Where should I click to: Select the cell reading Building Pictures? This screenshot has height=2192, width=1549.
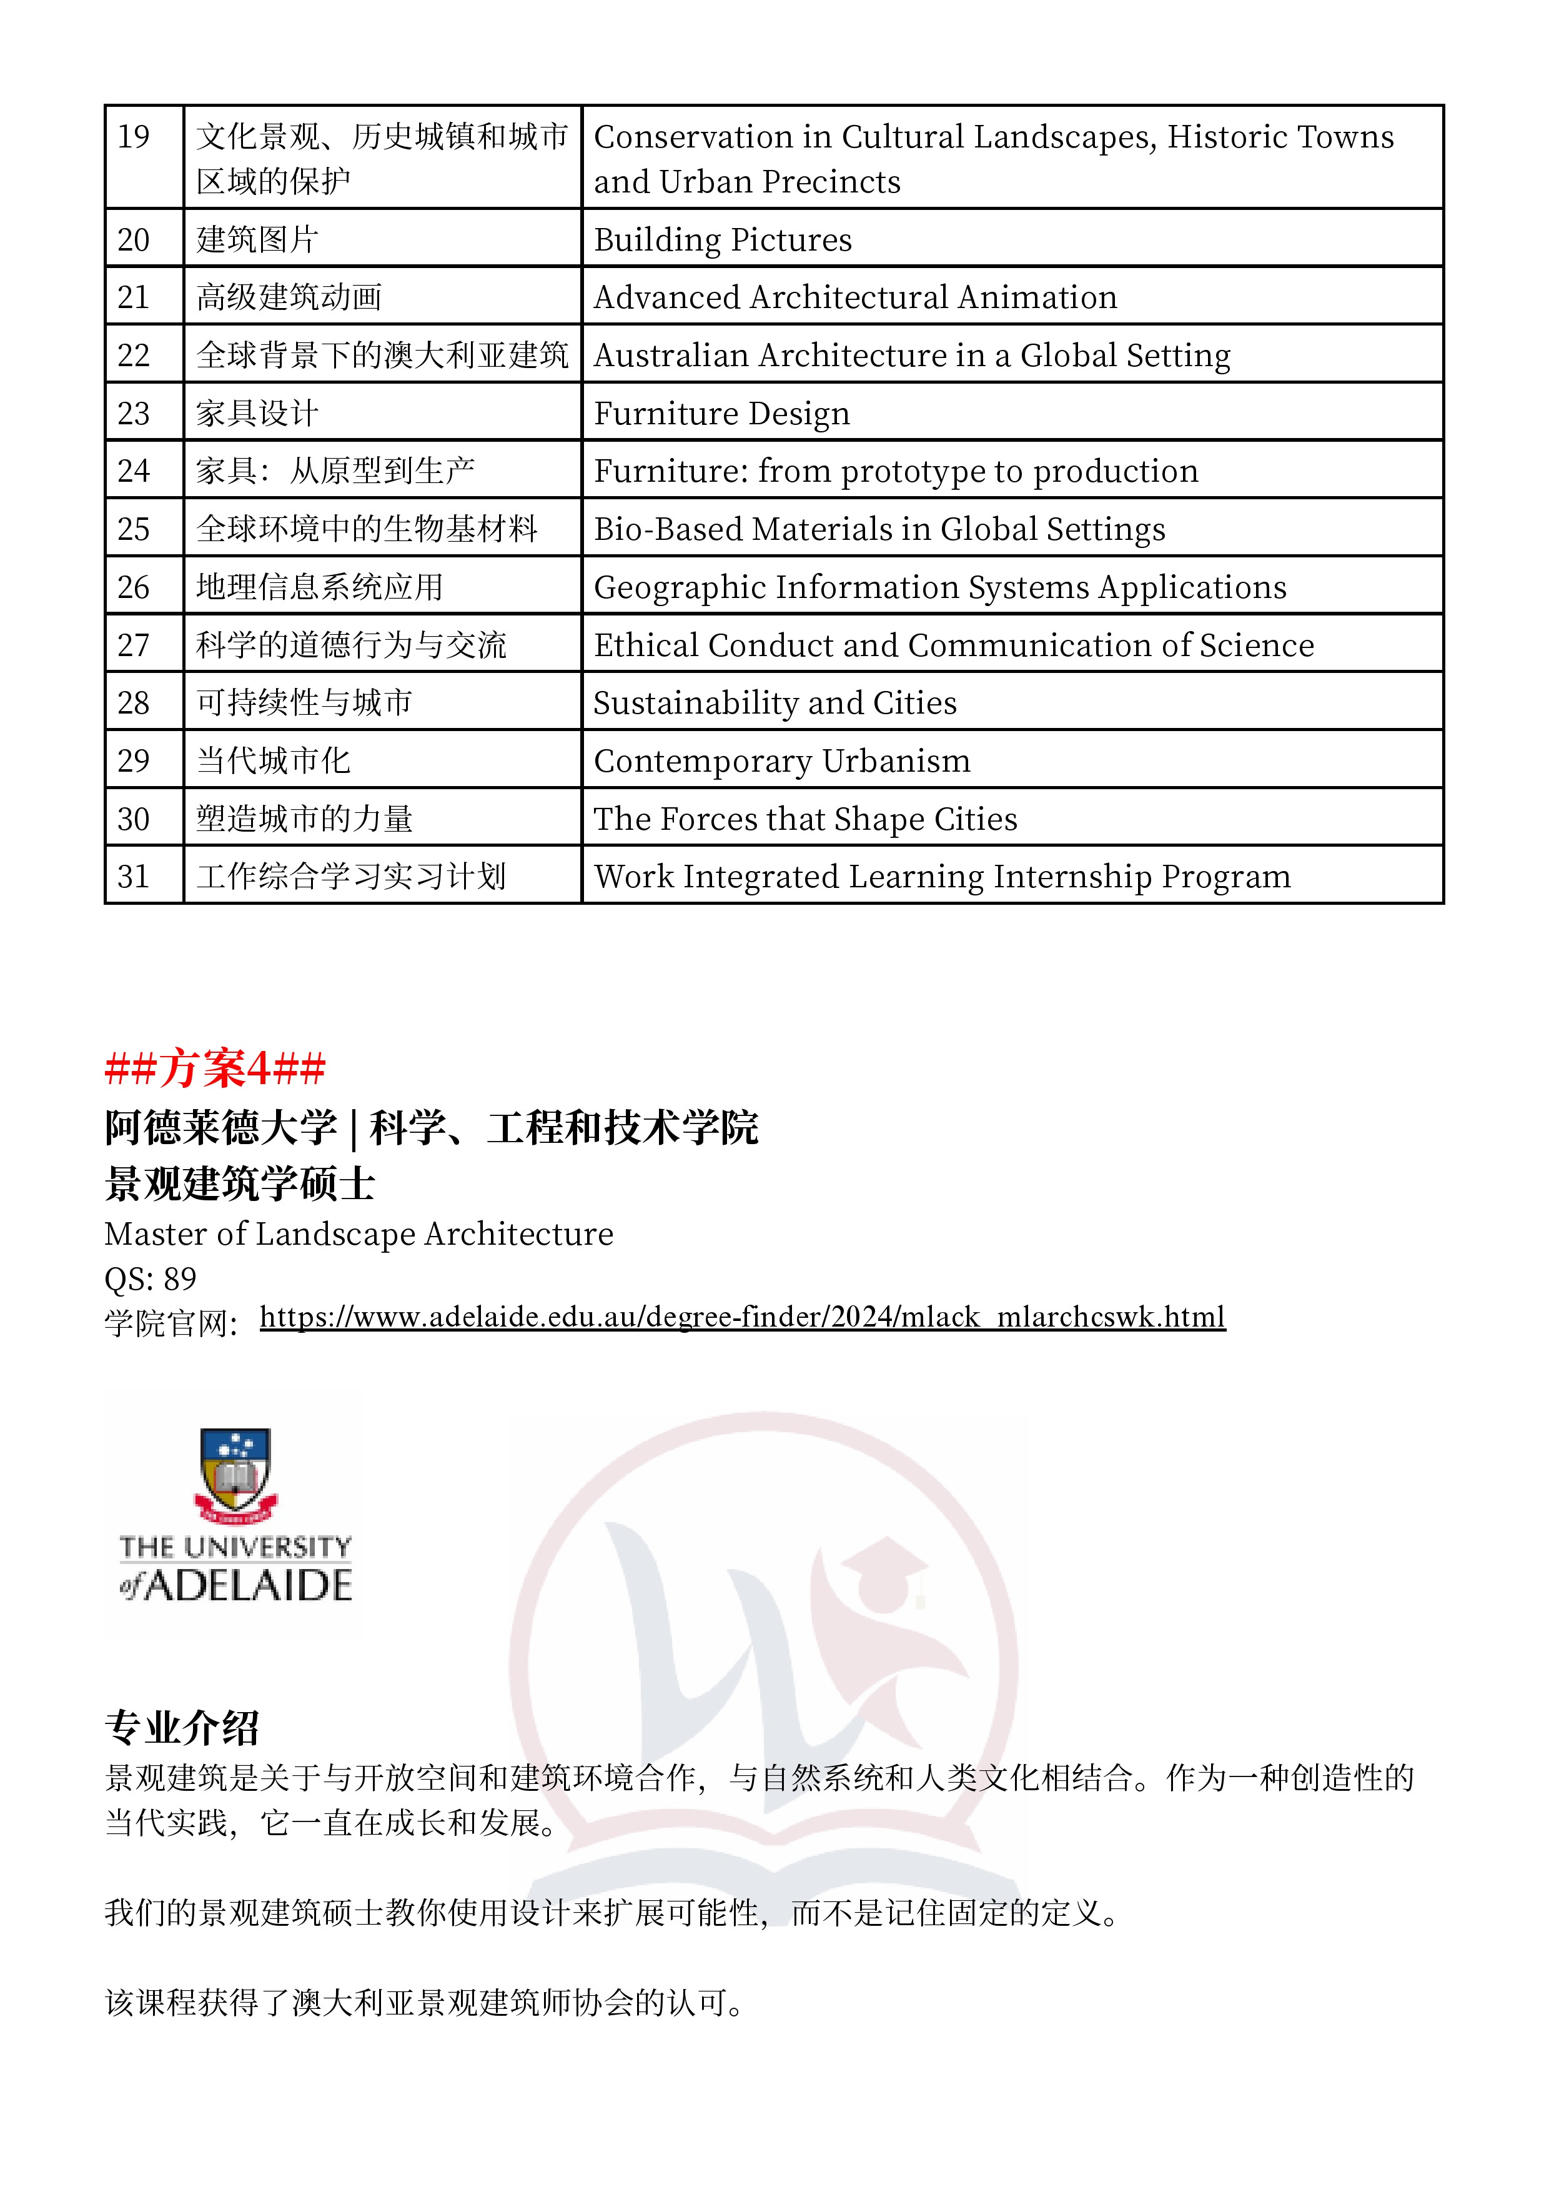click(x=723, y=239)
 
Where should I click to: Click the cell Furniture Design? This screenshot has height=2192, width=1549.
click(x=721, y=414)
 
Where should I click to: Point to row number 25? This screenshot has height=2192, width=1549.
click(x=134, y=529)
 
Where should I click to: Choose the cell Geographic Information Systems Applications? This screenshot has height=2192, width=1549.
click(x=940, y=587)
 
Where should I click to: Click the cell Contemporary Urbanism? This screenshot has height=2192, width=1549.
click(x=781, y=761)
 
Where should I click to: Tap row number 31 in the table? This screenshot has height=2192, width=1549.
click(x=134, y=877)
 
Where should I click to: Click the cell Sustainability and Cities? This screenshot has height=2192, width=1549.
click(x=775, y=704)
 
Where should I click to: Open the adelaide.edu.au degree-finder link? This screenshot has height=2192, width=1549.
click(x=743, y=1317)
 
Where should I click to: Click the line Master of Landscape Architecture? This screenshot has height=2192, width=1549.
click(x=359, y=1235)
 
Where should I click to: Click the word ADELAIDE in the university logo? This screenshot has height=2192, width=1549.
click(x=248, y=1586)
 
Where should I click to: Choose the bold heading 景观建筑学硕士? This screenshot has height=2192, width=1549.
click(x=240, y=1184)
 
